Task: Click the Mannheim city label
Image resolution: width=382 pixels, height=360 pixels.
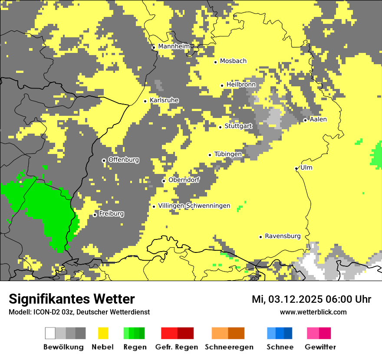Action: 174,46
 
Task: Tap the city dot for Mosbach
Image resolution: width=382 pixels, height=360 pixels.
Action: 215,62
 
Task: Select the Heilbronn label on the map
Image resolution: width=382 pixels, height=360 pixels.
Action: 241,85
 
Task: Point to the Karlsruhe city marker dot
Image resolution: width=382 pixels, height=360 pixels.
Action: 145,101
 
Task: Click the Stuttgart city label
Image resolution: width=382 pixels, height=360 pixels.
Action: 238,126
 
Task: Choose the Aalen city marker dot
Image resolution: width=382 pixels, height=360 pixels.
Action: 305,120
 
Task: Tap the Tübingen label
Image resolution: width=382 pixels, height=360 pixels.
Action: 228,154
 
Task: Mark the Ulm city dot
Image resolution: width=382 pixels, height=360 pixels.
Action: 296,168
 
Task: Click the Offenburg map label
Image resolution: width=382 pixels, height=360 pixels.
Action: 124,160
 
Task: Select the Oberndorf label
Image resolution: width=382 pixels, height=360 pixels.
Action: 184,180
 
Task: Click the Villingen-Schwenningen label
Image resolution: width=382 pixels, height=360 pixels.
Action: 194,206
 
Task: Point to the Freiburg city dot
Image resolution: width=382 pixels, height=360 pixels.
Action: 95,215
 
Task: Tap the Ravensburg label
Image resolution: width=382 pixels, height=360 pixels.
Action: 283,236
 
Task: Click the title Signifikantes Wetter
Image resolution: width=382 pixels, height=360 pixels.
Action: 72,299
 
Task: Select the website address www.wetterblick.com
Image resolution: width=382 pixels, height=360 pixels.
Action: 313,312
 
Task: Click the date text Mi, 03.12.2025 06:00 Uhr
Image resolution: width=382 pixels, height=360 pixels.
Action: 311,299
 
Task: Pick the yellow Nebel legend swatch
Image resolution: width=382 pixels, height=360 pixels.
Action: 103,333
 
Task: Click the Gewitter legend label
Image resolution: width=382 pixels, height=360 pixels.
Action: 320,347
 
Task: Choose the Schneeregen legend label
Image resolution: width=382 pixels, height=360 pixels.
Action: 229,347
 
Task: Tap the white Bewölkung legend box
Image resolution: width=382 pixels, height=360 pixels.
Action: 50,333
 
